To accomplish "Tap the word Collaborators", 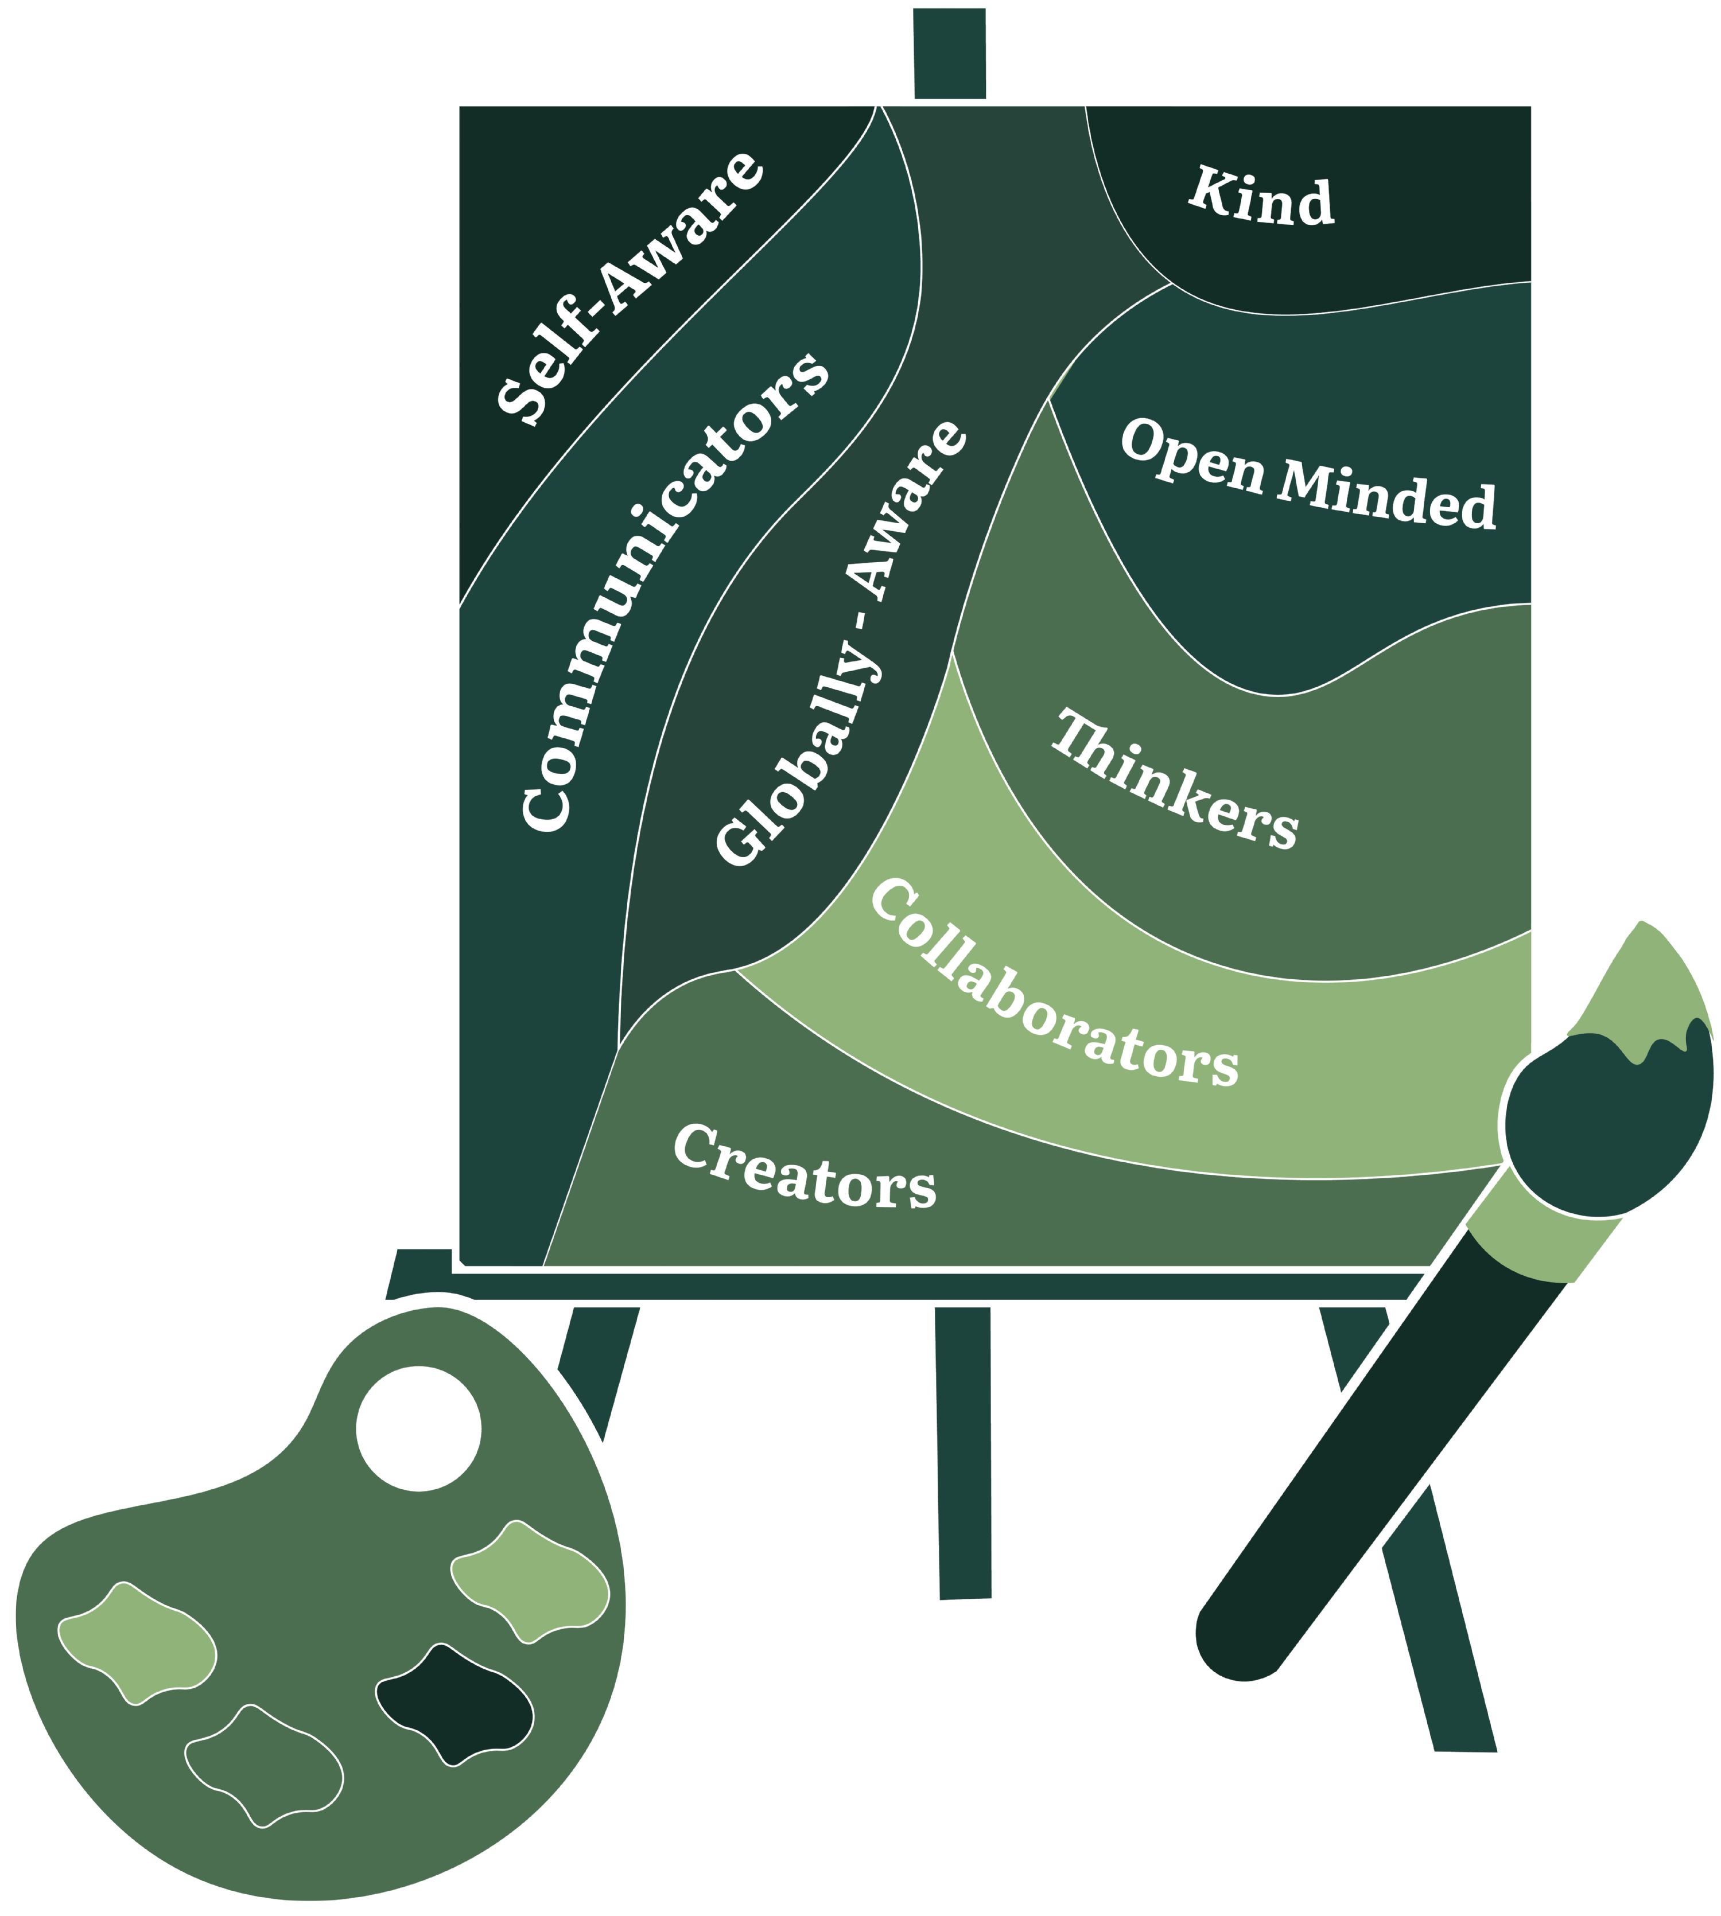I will pos(1052,986).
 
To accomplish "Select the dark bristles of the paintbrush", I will pos(1607,1125).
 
